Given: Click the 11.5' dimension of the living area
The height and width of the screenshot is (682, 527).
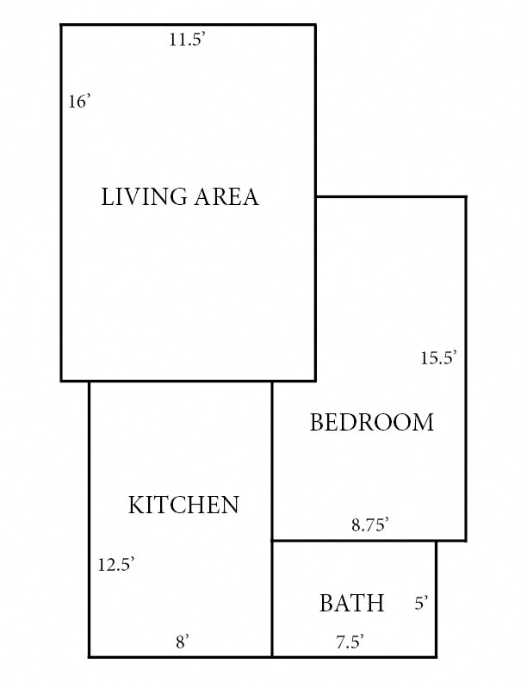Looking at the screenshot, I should coord(188,40).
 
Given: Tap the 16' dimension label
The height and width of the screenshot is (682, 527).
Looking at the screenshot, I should coord(79,102).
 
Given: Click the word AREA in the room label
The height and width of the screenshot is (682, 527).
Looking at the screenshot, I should coord(226,197).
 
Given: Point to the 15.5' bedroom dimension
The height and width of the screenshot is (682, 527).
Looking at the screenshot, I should coord(437,358).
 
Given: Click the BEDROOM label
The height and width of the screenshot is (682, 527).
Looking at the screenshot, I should coord(371,423).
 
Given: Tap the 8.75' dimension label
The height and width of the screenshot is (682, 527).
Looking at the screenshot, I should coord(370,524).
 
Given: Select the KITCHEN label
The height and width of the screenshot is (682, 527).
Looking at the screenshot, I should coord(183,505).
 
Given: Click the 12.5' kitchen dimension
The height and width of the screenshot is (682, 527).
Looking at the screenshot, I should coord(115,565).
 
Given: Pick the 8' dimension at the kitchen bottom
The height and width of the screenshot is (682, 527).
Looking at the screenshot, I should coord(183,641).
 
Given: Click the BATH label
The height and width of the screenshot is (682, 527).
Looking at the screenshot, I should coord(351,604).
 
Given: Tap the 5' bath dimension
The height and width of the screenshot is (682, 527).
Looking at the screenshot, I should coord(421,604).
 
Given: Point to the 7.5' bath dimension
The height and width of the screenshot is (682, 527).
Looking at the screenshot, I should coord(350,641).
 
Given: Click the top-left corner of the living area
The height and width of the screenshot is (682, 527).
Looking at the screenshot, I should coord(61,25).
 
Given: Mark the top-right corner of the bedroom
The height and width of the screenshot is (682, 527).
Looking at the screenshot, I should coord(466,197).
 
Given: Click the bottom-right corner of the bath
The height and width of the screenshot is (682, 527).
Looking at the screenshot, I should coord(436,657).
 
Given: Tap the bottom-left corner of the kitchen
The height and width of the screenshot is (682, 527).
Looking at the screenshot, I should coord(90,657).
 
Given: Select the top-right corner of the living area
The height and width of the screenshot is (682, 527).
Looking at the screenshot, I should coord(315,25).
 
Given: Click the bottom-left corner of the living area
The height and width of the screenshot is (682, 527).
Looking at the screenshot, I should coord(61,381).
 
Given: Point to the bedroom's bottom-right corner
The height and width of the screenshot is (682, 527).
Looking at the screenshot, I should coord(466,541).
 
